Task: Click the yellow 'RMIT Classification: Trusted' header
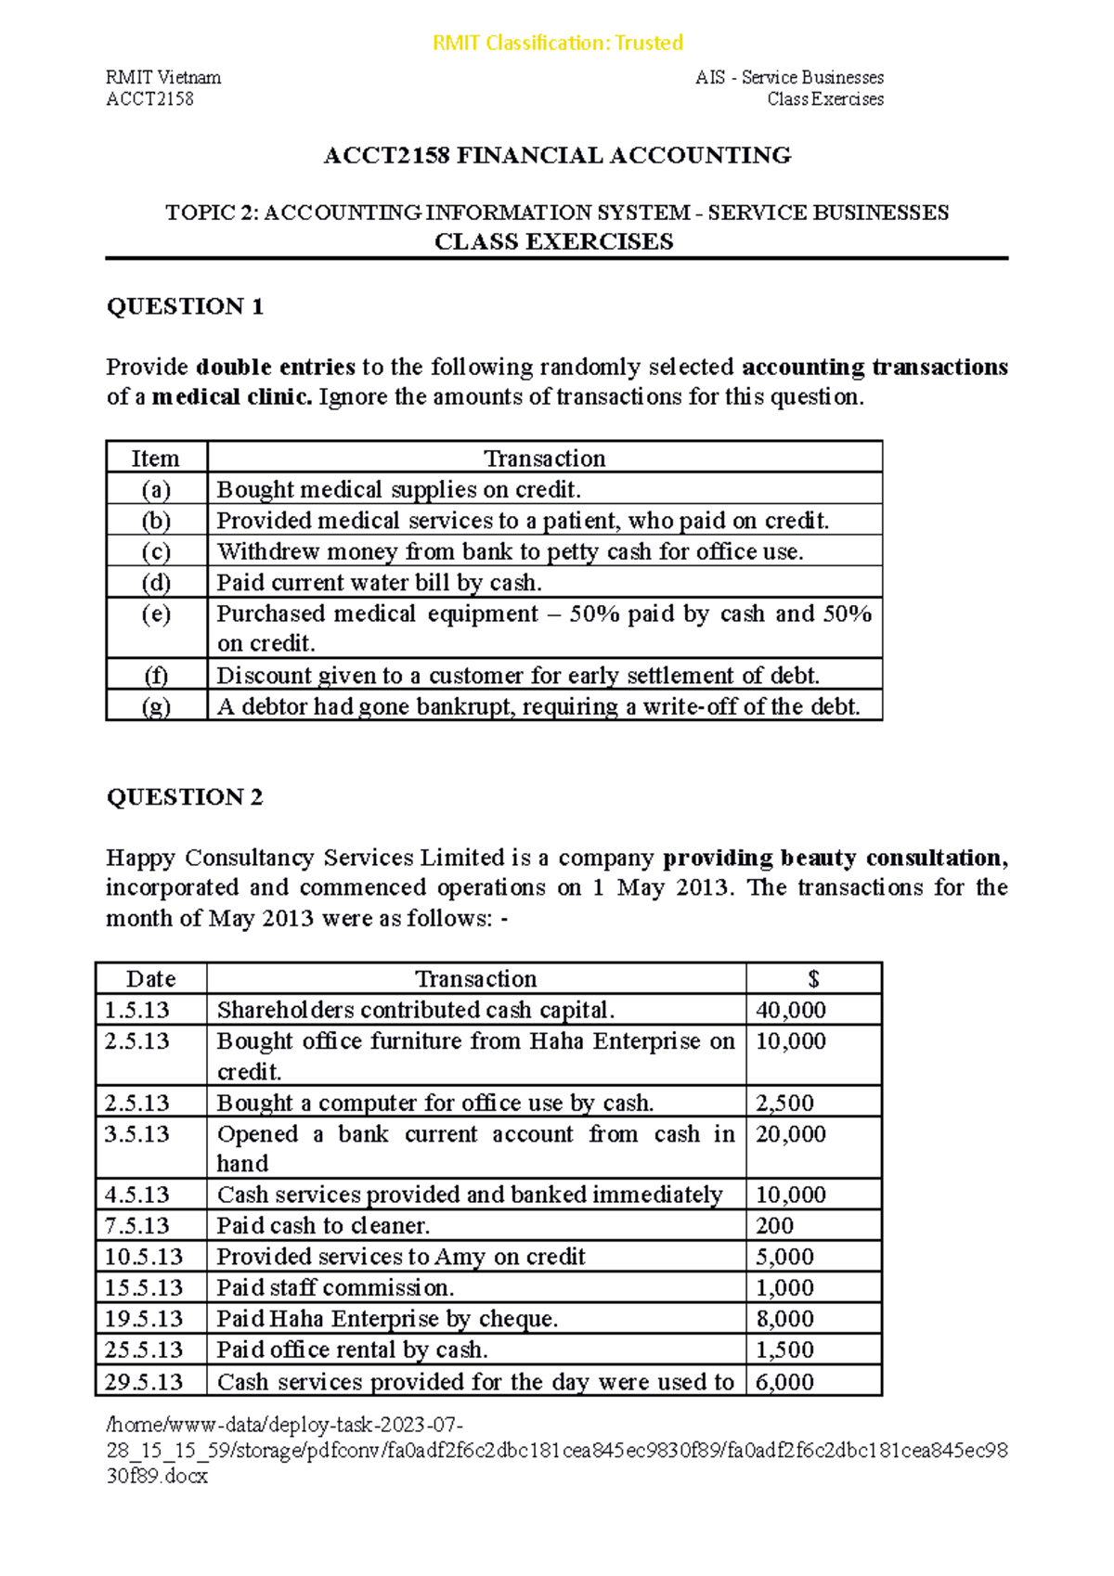[557, 43]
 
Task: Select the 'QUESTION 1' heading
[185, 306]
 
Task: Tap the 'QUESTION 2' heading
[185, 797]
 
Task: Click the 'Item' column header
[155, 459]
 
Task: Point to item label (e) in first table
[156, 614]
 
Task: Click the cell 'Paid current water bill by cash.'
[379, 583]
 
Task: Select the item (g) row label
[156, 707]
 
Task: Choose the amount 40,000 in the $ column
[790, 1010]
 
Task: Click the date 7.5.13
[136, 1226]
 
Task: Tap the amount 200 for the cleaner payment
[774, 1226]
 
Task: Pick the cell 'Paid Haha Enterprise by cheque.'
[387, 1319]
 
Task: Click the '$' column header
[813, 979]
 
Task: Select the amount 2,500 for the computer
[784, 1103]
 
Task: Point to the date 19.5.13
[143, 1319]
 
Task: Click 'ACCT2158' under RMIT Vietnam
[149, 99]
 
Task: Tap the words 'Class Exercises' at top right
[825, 99]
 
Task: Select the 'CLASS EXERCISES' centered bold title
[554, 242]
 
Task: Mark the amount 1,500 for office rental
[784, 1350]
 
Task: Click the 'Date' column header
[151, 979]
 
